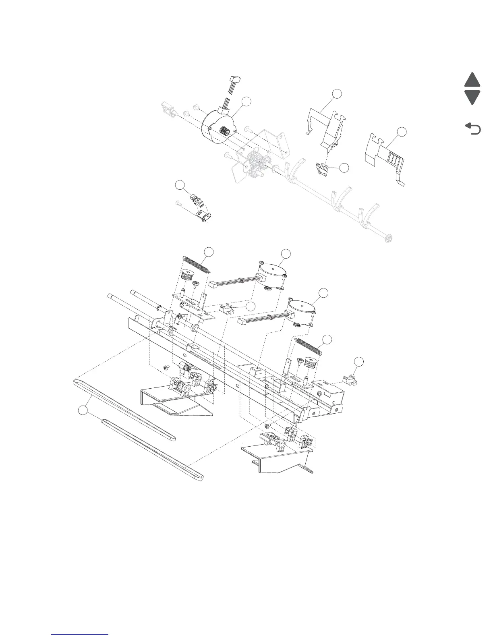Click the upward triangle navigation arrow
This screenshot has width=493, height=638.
point(472,80)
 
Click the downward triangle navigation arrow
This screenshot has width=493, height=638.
point(472,97)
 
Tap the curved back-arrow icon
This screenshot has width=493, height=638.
point(473,129)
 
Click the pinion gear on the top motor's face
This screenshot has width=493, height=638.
point(224,131)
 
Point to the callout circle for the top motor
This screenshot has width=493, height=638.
point(247,101)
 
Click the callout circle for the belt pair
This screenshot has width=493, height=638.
point(83,411)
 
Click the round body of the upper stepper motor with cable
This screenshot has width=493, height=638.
point(272,271)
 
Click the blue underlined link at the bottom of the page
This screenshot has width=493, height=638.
point(80,634)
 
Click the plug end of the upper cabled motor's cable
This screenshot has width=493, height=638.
point(214,284)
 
